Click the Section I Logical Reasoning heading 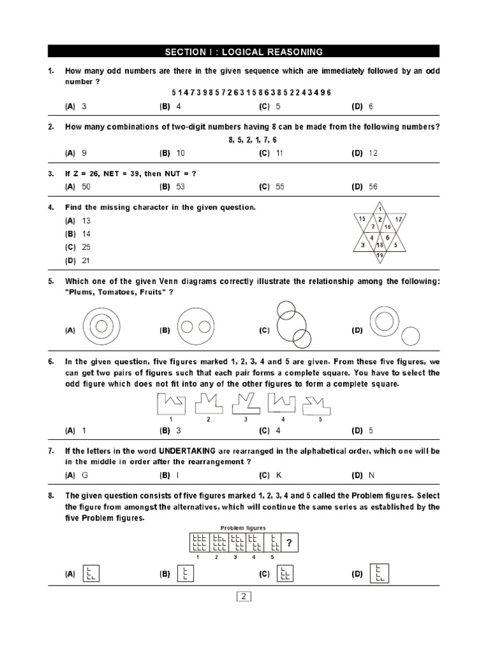pyautogui.click(x=243, y=51)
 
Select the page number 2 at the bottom pyautogui.click(x=244, y=596)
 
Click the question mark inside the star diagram pyautogui.click(x=373, y=226)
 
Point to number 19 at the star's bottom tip pyautogui.click(x=380, y=255)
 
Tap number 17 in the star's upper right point pyautogui.click(x=398, y=219)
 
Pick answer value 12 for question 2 pyautogui.click(x=373, y=153)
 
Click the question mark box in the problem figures pyautogui.click(x=289, y=543)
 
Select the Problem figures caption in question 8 pyautogui.click(x=243, y=528)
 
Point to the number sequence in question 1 pyautogui.click(x=251, y=93)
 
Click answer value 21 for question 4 pyautogui.click(x=86, y=261)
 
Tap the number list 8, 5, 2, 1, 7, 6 pyautogui.click(x=252, y=139)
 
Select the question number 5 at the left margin pyautogui.click(x=51, y=281)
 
